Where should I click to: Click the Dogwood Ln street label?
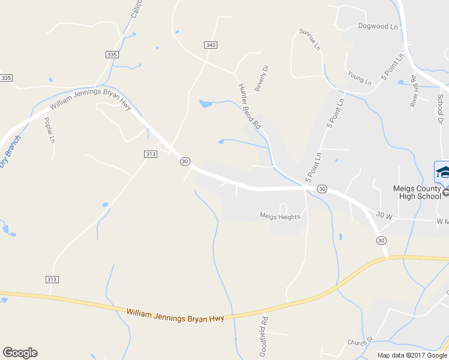(x=378, y=26)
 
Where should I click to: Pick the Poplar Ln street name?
(x=49, y=129)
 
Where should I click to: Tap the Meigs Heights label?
(x=280, y=216)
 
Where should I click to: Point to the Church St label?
(x=360, y=341)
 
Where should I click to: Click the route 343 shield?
(x=210, y=45)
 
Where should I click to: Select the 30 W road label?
(x=385, y=214)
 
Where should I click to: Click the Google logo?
(x=20, y=353)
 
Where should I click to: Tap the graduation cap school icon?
(x=443, y=172)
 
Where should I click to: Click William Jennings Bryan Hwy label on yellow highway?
(x=175, y=315)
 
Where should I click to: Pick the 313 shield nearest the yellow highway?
(x=52, y=280)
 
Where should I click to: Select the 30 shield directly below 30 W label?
(x=381, y=240)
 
